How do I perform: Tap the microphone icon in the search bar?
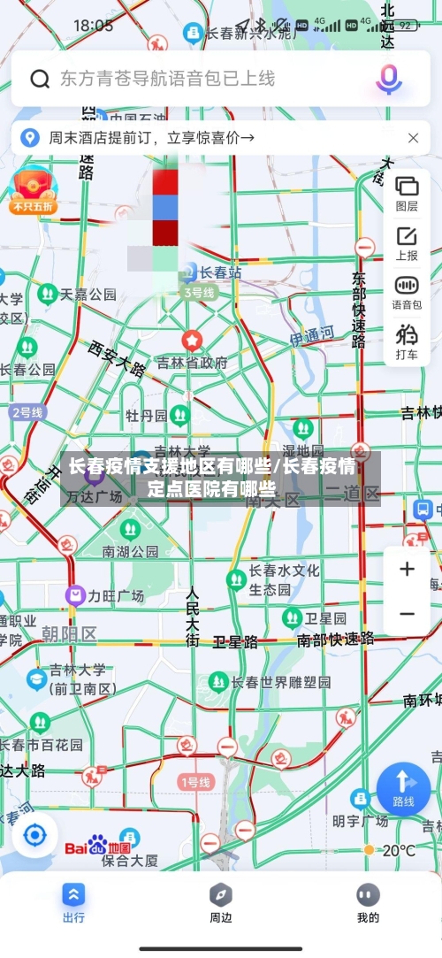coord(388,78)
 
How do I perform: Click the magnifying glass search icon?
coord(40,79)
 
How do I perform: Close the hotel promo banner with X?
coord(414,138)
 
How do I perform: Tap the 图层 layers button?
coord(407,193)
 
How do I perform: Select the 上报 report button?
coord(407,242)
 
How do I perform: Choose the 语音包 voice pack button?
coord(407,292)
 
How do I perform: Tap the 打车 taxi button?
coord(407,341)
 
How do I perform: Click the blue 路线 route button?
coord(403,787)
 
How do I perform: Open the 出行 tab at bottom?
coord(73,901)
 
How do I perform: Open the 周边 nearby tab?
coord(221,901)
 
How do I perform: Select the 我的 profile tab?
coord(368,901)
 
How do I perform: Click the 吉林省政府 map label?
coord(192,362)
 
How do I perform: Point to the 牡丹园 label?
coord(146,415)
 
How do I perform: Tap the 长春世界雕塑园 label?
coord(280,682)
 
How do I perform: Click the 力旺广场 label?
coord(115,596)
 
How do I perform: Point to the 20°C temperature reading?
coord(398,850)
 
